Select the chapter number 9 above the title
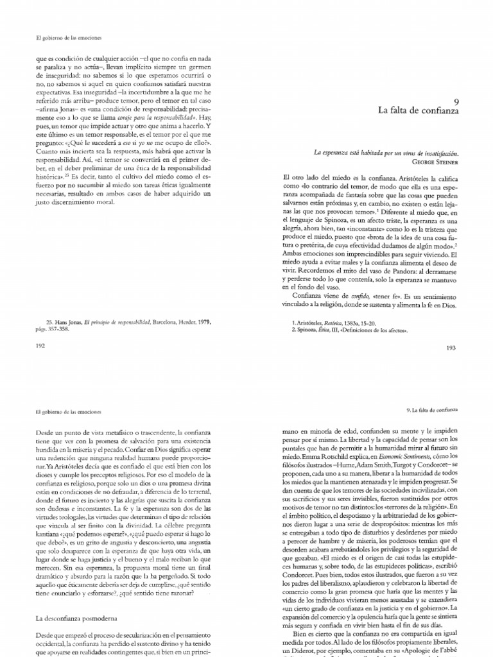point(455,101)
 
